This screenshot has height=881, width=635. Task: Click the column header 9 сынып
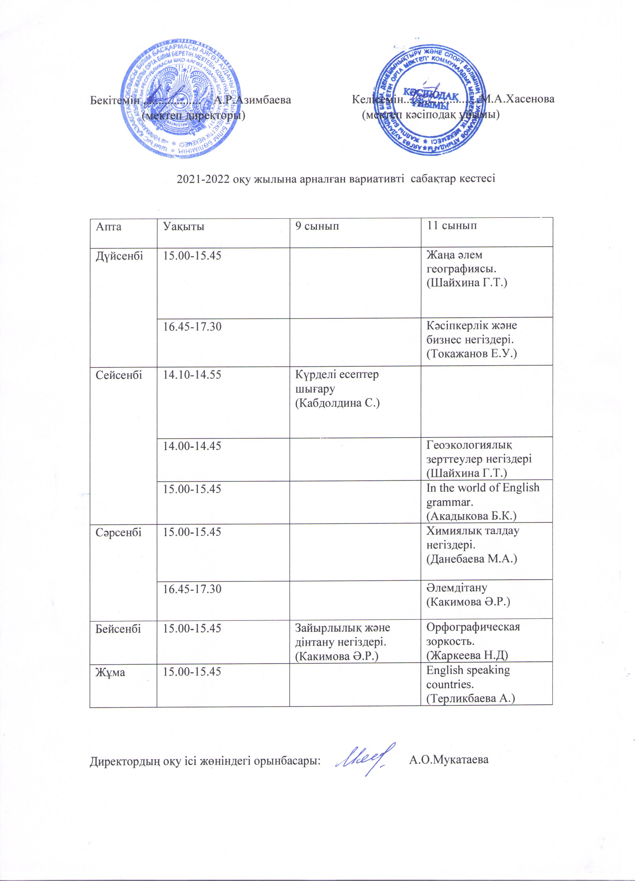(317, 226)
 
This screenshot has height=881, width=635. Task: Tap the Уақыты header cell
(183, 226)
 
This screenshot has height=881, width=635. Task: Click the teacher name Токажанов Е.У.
(471, 353)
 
